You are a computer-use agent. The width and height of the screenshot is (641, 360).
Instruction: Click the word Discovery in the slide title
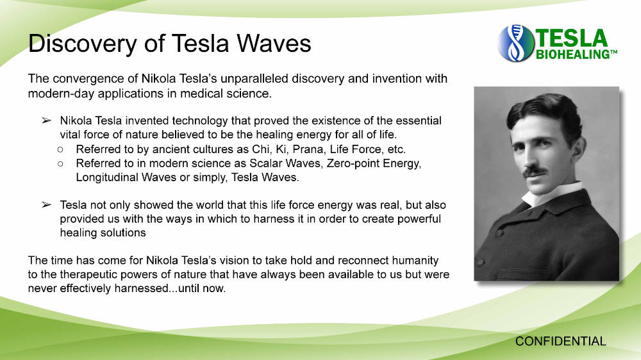click(x=83, y=44)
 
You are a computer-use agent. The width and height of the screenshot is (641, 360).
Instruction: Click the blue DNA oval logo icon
click(x=516, y=44)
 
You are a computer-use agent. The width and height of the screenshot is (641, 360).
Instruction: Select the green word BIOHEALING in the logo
click(x=572, y=54)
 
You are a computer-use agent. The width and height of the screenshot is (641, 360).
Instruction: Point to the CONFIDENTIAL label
click(x=560, y=341)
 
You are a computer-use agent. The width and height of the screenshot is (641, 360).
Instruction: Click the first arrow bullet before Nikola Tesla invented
click(x=46, y=120)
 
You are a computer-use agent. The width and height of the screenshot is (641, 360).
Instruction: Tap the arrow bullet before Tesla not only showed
click(x=46, y=205)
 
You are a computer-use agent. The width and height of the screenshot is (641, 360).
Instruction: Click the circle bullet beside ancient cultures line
click(x=60, y=149)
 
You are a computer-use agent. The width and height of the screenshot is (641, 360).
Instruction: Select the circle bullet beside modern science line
click(x=60, y=164)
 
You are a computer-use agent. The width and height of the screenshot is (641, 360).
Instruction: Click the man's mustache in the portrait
click(x=535, y=170)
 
